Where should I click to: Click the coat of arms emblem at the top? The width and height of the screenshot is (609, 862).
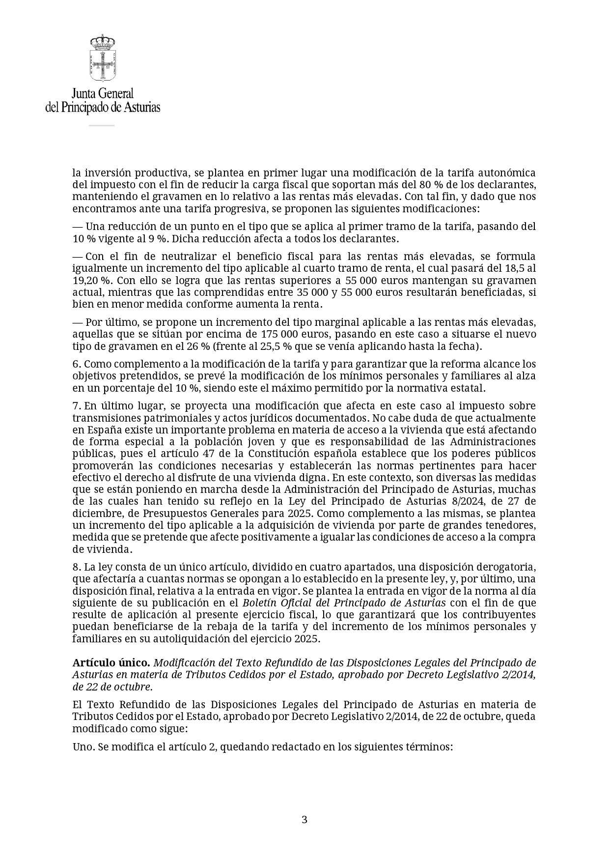pos(102,58)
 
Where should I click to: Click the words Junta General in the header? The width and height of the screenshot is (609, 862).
pos(102,93)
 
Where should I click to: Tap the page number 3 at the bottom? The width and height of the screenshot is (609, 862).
pos(304,819)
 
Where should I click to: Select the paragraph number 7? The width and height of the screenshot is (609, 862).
pos(76,406)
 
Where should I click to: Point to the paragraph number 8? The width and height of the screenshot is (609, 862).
pos(76,567)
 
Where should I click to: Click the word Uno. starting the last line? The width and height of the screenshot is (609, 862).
pos(83,747)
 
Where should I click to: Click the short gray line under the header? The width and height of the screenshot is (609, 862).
pos(102,125)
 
